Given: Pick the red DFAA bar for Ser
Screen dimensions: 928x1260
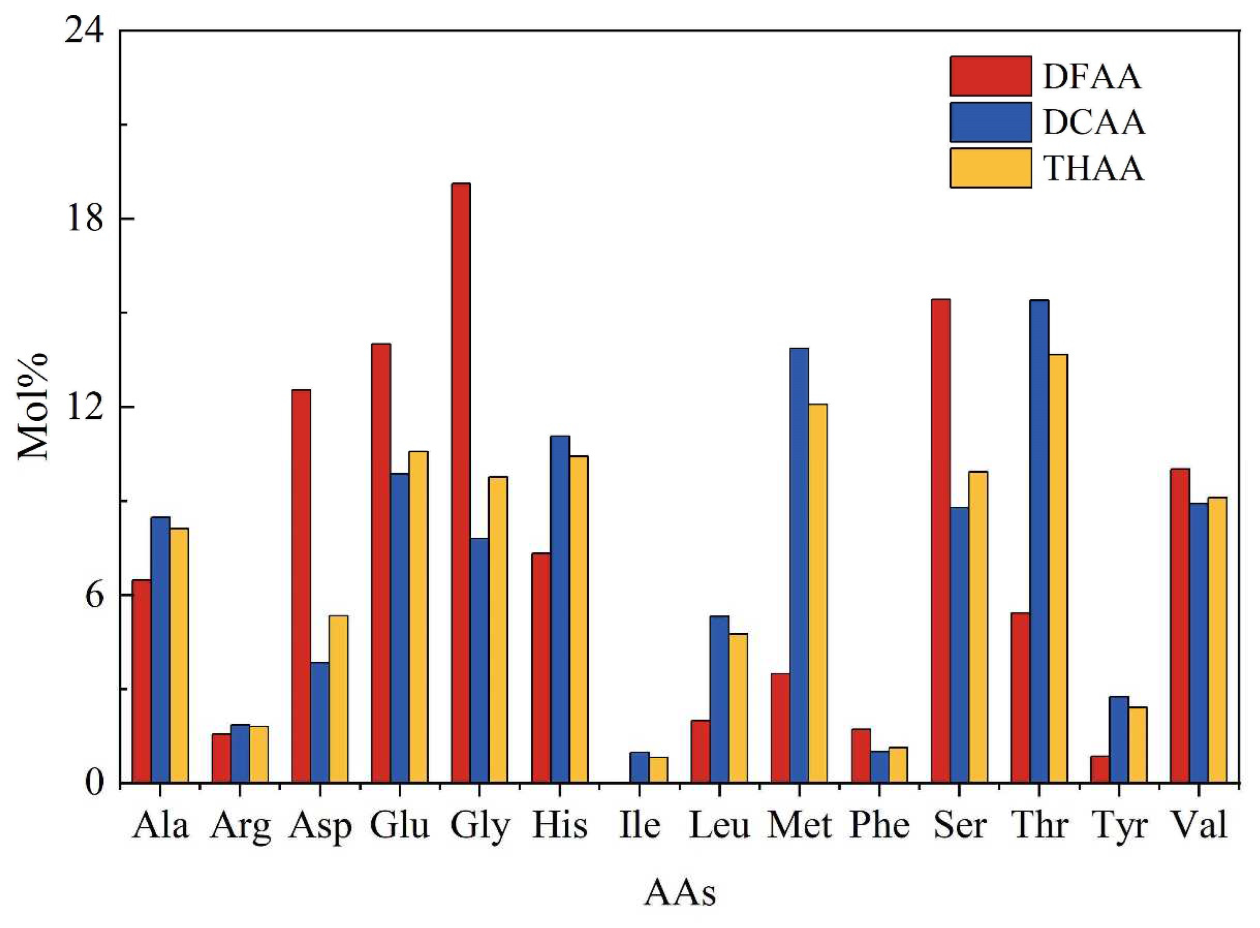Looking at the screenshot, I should coord(941,541).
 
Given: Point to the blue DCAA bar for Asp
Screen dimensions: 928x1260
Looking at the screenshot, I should coord(320,722).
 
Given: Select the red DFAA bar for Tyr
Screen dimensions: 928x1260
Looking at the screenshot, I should coord(1100,770).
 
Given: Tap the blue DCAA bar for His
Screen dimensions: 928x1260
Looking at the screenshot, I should coord(560,610).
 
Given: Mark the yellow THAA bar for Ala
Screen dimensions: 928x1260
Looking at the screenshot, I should coord(179,655).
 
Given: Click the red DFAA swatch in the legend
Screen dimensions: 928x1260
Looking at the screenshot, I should coord(990,76).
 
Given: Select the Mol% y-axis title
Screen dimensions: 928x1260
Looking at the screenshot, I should coord(34,406).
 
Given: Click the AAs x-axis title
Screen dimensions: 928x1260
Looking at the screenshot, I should coord(680,893).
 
